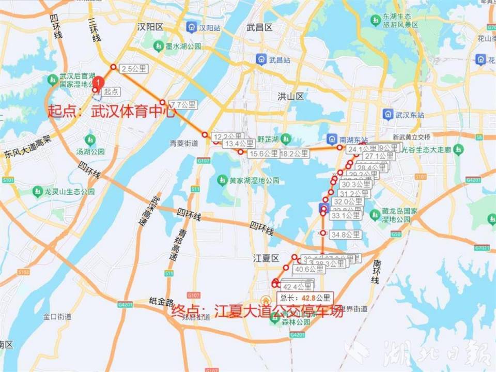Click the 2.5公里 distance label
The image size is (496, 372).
[x=133, y=68]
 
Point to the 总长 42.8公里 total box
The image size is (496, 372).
[x=305, y=298]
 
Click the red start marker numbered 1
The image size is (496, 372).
[x=100, y=82]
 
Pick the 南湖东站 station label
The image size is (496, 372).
[x=353, y=139]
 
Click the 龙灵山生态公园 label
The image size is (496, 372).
[x=69, y=191]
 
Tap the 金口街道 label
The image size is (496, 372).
[x=57, y=316]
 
